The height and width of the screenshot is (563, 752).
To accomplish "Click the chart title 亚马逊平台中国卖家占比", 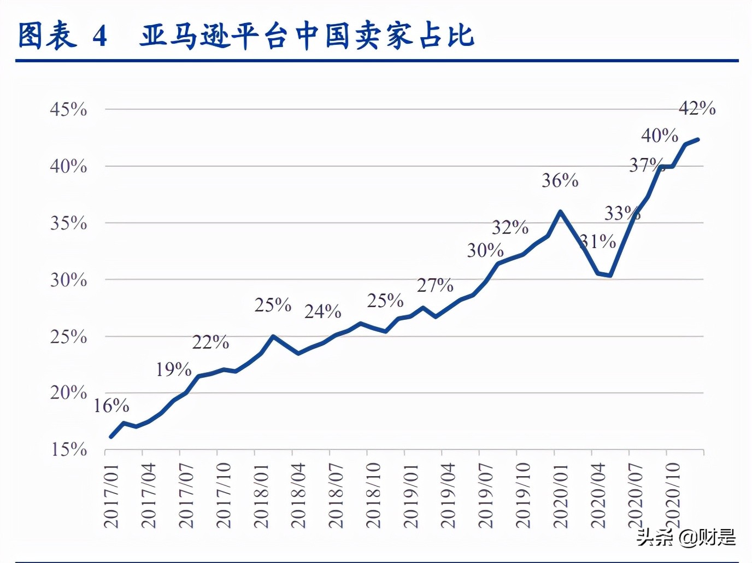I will point(307,36).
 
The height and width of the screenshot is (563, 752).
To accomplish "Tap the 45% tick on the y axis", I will point(68,109).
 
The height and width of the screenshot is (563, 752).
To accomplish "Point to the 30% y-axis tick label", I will point(68,280).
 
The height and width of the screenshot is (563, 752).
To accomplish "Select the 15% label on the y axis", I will point(69,449).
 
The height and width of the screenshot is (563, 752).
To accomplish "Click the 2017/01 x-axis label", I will point(111,496).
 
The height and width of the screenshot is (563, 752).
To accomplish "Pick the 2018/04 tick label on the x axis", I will point(298,496).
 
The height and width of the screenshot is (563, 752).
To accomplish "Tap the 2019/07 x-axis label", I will point(486,496).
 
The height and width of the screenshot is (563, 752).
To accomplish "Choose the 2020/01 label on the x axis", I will point(561,496).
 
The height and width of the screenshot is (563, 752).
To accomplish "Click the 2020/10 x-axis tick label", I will point(673,496).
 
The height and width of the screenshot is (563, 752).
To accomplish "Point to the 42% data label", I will point(697,108).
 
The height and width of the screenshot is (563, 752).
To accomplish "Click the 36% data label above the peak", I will point(560,180).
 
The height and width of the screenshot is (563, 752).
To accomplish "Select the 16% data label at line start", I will point(111,406).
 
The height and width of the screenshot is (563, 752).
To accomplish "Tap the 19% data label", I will point(174,370).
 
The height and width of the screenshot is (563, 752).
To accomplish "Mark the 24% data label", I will point(323,312).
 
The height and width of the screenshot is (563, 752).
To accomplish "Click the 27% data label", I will point(435,285).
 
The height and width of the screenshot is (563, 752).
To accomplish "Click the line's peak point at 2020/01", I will point(560,212).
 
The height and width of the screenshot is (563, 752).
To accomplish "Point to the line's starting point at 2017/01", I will point(111,437).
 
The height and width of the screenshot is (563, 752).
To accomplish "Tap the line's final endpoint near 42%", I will point(698,140).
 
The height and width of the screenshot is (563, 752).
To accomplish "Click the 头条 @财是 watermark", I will point(686,537).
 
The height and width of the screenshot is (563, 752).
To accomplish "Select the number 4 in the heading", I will point(99,37).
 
